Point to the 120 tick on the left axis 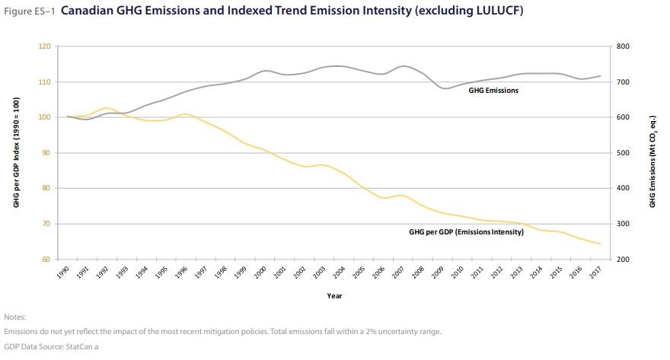tap(45, 46)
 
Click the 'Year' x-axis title tap(334, 295)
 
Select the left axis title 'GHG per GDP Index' tap(16, 153)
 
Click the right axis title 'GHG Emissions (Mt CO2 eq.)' tap(652, 153)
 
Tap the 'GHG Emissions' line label tap(493, 90)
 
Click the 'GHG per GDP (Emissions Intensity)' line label tap(466, 231)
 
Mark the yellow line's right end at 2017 tap(601, 244)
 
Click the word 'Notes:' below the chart tap(14, 316)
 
